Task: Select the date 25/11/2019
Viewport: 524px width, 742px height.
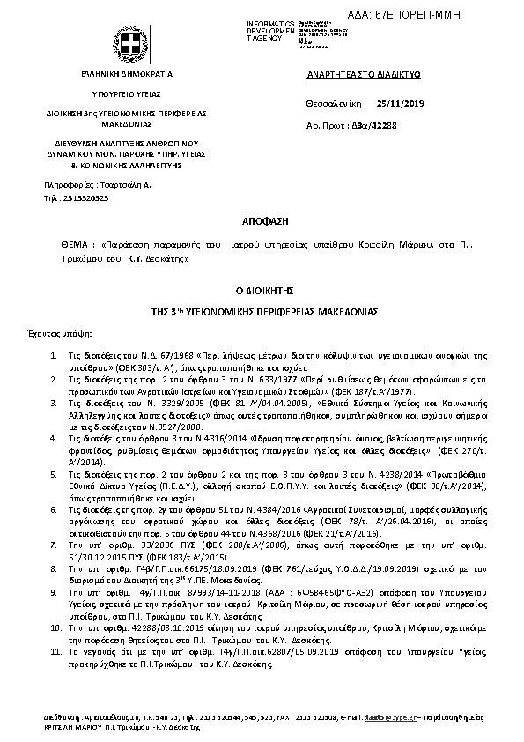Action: pos(400,104)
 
